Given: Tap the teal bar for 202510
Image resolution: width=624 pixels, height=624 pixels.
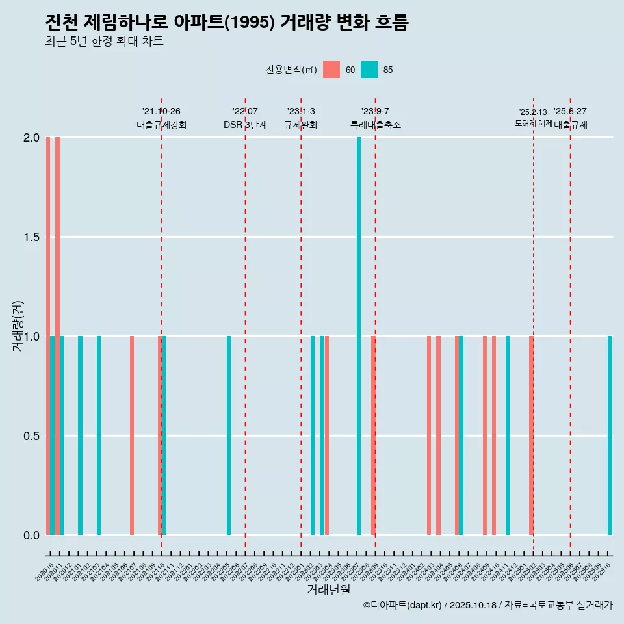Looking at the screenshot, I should point(610,435).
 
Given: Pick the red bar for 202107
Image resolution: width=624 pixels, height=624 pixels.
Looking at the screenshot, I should point(132,435).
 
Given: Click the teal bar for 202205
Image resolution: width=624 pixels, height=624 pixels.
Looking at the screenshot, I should point(229,435).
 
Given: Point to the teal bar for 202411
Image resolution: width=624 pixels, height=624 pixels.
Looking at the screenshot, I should point(508,435).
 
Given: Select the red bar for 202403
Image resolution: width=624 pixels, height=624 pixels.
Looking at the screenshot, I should point(429,435).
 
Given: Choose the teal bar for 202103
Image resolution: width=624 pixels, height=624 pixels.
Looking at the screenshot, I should point(99,435).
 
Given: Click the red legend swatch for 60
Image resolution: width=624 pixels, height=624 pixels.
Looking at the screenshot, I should point(331,70).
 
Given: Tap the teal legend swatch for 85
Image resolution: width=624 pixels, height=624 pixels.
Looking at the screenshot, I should point(369,70).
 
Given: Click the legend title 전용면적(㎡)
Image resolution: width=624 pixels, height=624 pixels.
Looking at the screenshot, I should point(291,70).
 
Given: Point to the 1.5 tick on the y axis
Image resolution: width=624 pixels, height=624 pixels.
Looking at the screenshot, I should point(32,237).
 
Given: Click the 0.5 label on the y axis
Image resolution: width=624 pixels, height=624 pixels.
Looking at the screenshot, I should point(32,435).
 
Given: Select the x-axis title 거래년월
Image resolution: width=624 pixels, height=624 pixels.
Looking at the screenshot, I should point(328,590).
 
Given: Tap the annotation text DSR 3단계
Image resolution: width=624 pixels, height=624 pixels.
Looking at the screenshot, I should point(245,125).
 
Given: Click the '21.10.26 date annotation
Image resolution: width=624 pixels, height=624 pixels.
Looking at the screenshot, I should point(161,111).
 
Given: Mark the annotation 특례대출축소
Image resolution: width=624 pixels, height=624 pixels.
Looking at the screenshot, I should point(375,125).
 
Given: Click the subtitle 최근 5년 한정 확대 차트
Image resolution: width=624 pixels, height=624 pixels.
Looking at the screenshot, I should point(104,42).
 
